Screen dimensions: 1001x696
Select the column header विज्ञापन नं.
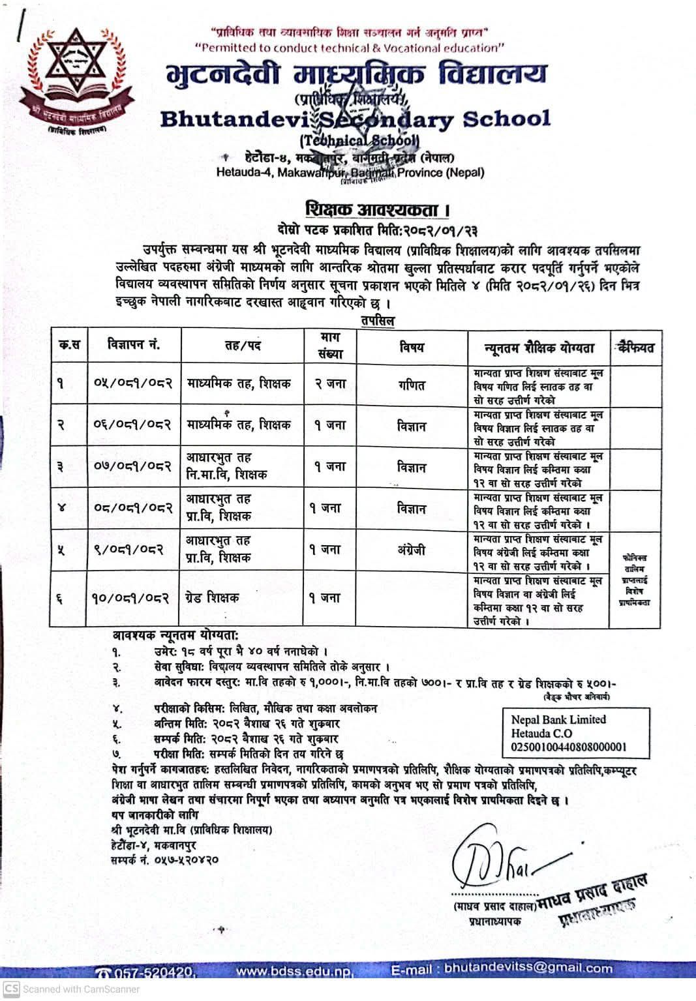[134, 345]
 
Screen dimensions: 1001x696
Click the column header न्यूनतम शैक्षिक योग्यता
[539, 348]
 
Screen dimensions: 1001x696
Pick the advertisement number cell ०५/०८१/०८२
[134, 383]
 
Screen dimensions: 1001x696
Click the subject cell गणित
[412, 385]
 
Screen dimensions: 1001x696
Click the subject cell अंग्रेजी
[411, 550]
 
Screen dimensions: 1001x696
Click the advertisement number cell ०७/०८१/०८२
[134, 467]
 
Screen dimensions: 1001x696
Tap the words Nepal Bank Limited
[558, 720]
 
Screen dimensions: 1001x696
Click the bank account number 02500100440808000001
[569, 747]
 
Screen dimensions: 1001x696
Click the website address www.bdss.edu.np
[295, 971]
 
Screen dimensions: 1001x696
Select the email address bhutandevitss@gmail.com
[528, 969]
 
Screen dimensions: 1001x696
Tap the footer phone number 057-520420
[154, 972]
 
